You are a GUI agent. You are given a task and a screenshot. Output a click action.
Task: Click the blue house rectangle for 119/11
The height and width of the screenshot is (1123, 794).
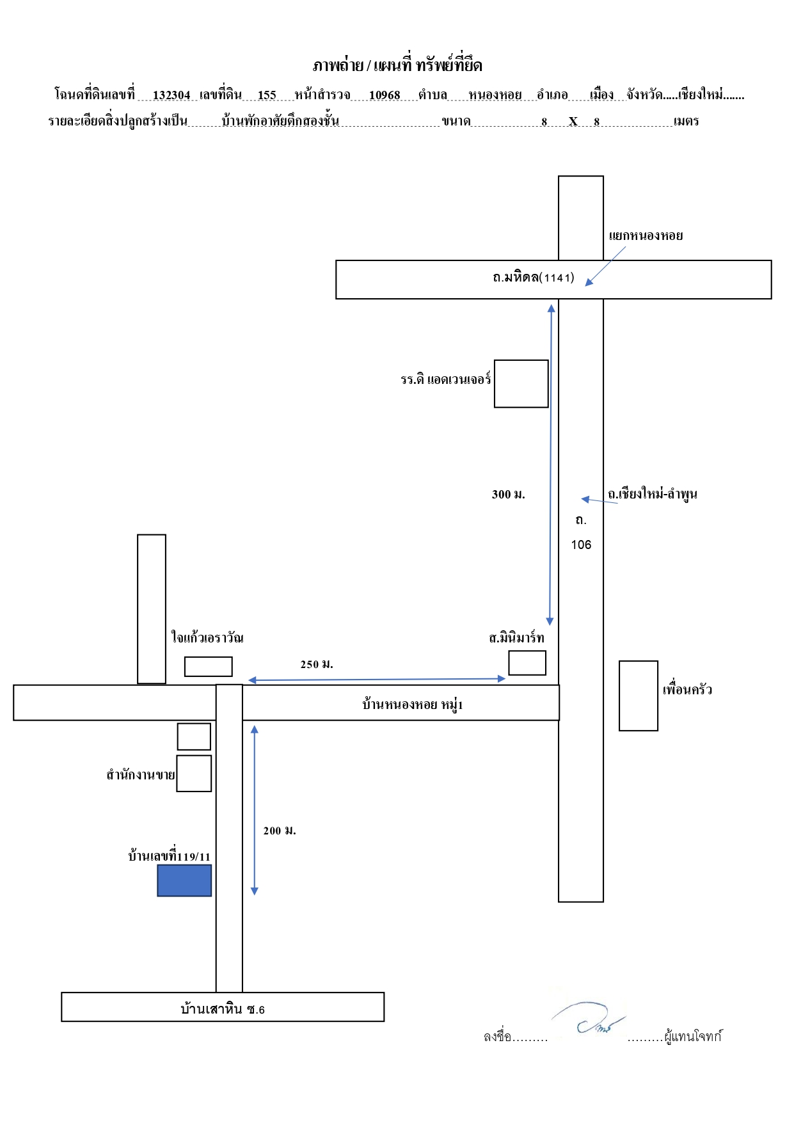tap(184, 880)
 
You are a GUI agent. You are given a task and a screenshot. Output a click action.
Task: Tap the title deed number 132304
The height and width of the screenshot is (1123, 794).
tap(171, 95)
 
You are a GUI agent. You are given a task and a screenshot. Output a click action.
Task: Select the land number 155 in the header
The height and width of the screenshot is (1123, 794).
tap(267, 95)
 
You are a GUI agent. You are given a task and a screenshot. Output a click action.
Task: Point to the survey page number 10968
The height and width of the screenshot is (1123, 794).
tap(385, 95)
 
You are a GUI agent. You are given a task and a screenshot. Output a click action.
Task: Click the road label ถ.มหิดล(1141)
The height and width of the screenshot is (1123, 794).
tap(534, 277)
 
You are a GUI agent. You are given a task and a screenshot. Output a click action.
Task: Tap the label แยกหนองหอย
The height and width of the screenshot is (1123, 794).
tap(646, 235)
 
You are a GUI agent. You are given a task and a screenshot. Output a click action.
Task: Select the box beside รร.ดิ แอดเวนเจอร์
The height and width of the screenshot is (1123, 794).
tap(521, 384)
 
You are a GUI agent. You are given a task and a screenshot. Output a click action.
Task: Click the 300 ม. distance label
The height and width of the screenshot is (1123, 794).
tap(509, 494)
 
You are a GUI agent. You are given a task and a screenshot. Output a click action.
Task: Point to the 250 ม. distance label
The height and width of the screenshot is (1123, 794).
tap(317, 664)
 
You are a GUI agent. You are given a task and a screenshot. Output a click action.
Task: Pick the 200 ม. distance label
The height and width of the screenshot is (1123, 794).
tap(280, 831)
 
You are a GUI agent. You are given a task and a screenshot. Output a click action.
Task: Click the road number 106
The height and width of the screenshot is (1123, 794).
tap(581, 545)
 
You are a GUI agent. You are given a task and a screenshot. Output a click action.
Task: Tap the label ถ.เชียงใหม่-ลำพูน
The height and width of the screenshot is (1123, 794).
tap(653, 494)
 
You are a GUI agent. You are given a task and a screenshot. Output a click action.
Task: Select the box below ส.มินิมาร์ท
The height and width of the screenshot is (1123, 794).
tap(527, 663)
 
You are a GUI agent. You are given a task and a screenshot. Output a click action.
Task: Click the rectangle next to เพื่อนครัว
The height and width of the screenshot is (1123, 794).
tap(639, 696)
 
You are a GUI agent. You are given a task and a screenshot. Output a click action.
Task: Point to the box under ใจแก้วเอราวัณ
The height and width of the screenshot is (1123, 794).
tap(209, 667)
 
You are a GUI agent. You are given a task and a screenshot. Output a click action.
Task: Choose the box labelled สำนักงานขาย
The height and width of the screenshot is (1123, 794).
tap(194, 774)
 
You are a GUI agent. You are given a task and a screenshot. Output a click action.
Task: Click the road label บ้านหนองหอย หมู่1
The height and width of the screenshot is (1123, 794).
tap(413, 705)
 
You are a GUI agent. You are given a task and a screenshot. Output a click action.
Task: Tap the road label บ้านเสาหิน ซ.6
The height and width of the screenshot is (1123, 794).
tap(223, 1009)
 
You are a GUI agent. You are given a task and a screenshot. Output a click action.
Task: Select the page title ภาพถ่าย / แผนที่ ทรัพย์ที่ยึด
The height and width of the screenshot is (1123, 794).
tap(397, 65)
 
